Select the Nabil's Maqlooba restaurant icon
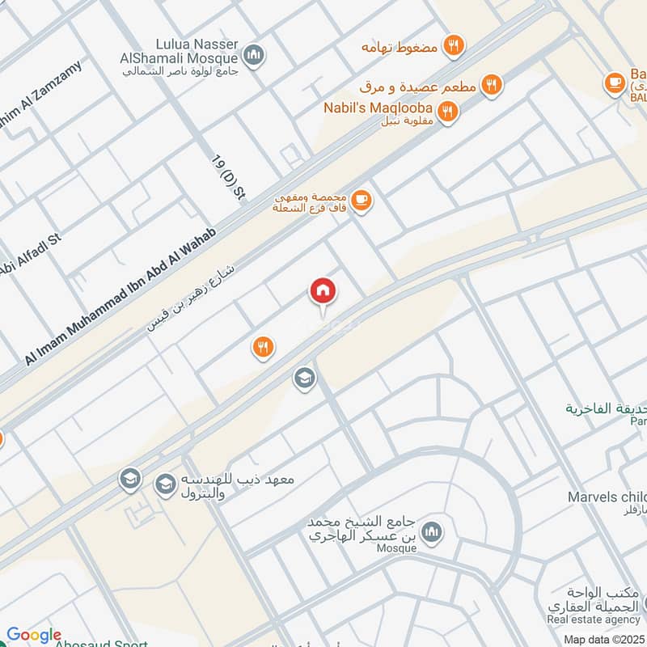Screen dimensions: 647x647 click(x=446, y=110)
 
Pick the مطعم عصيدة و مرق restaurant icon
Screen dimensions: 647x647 click(x=491, y=84)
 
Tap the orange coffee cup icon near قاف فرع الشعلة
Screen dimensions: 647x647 click(x=362, y=201)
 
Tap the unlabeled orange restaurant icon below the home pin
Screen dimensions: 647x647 click(x=262, y=348)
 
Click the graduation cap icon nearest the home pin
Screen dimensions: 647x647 click(x=304, y=378)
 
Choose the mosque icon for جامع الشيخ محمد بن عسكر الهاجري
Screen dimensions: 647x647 click(x=433, y=531)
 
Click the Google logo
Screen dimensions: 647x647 click(x=34, y=636)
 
